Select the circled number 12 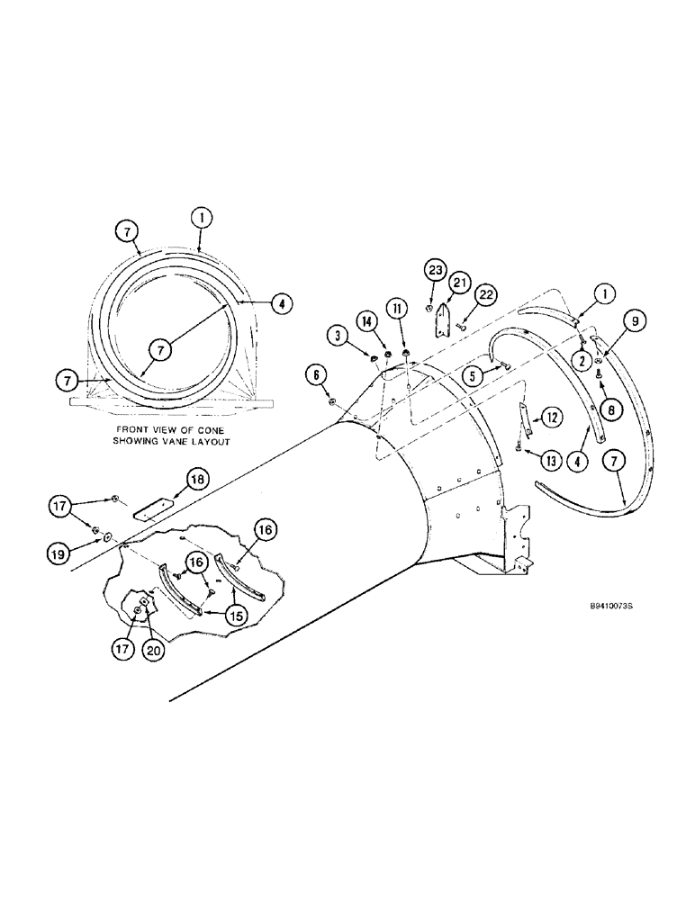pyautogui.click(x=552, y=417)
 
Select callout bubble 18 pyautogui.click(x=198, y=478)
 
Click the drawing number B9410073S pyautogui.click(x=606, y=607)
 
